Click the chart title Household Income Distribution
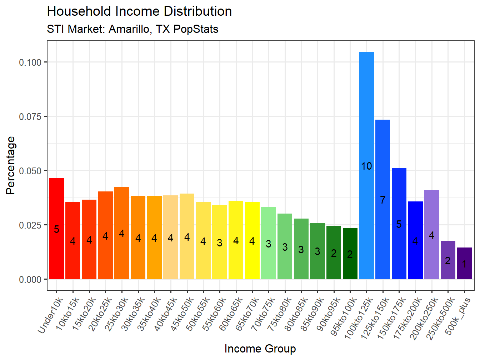pos(139,11)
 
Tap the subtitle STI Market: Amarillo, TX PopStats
pos(132,29)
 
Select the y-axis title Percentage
pos(11,165)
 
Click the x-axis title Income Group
pos(260,349)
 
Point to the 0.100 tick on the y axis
pos(30,62)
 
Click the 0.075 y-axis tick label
pos(30,116)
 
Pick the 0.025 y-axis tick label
pos(30,225)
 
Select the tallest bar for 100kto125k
pos(366,143)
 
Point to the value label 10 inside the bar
pos(366,166)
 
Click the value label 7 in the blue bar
pos(382,200)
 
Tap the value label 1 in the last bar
pos(464,264)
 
